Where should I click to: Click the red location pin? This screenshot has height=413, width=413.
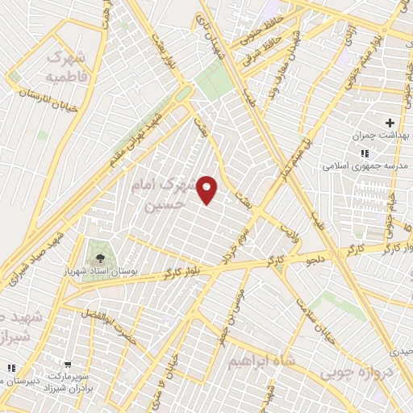[208, 190]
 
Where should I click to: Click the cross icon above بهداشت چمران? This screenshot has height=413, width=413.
[390, 123]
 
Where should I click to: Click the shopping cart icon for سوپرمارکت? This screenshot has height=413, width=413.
[66, 364]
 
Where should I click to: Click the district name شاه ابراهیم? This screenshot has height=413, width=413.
[257, 358]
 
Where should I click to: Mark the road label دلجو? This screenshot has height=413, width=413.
[313, 259]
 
